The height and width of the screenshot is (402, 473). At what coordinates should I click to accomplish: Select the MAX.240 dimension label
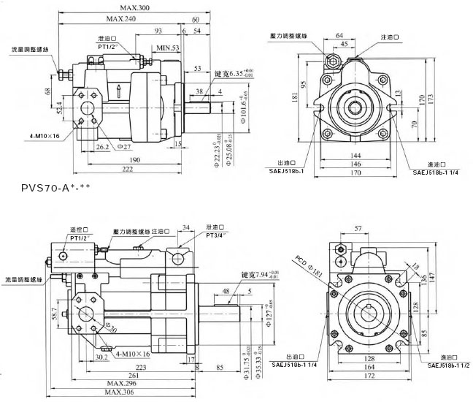click(121, 19)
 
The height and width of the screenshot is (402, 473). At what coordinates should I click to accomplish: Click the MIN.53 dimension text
click(167, 48)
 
